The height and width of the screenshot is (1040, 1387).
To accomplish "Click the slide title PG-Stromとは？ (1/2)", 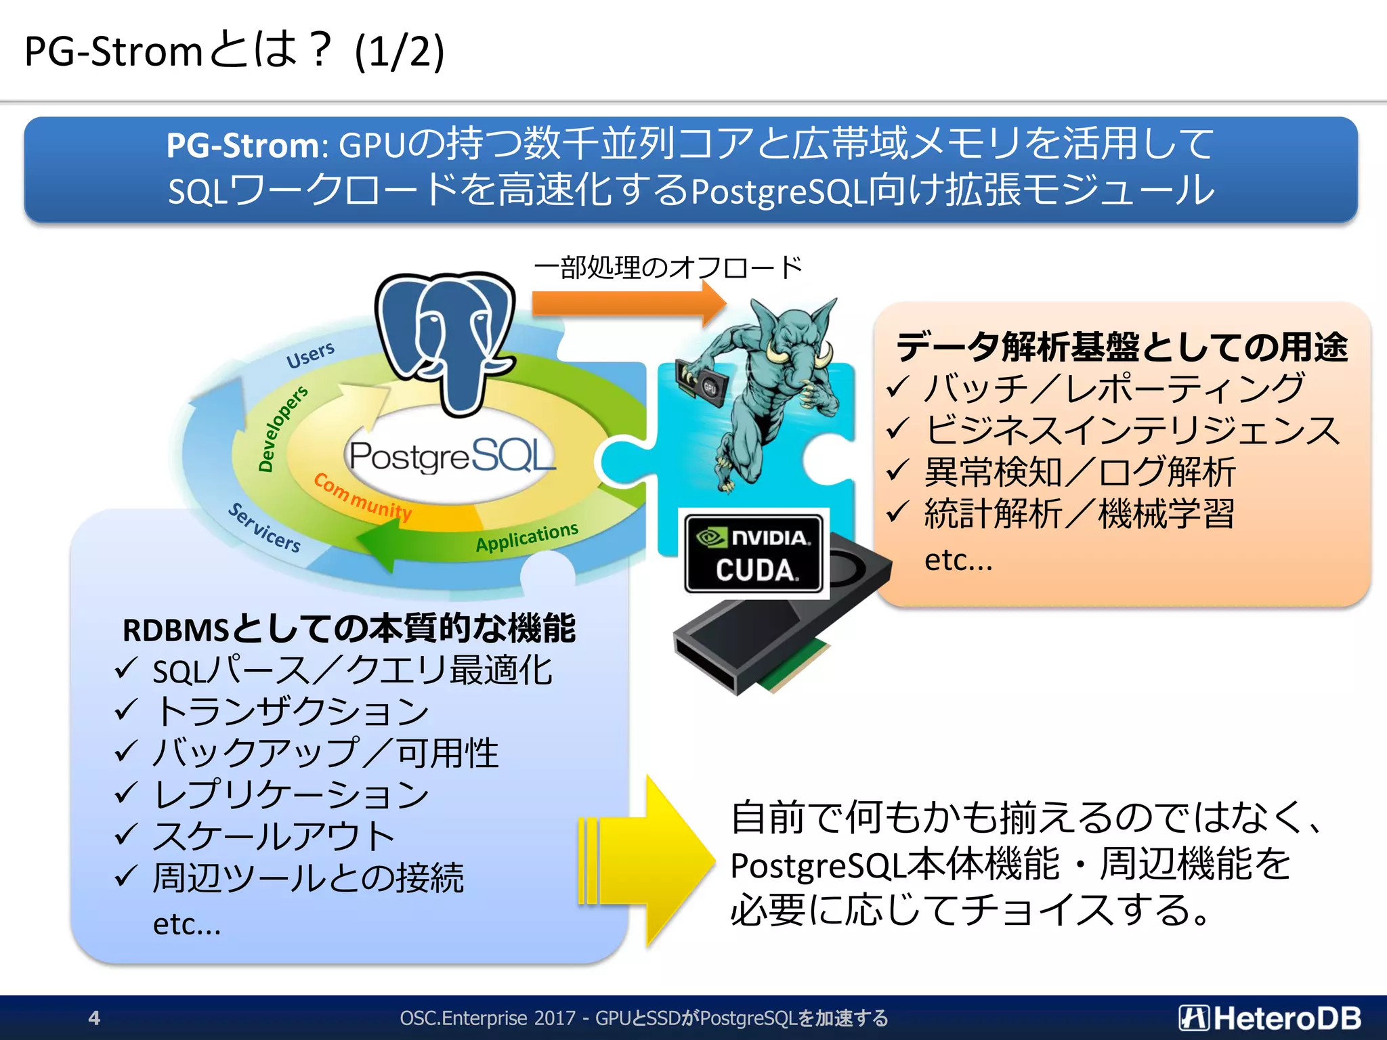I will [x=234, y=51].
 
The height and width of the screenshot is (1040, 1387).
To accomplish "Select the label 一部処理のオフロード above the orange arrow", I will [x=667, y=267].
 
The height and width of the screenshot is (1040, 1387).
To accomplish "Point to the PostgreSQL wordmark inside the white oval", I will [x=450, y=456].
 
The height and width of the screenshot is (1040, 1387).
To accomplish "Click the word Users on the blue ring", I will [x=310, y=355].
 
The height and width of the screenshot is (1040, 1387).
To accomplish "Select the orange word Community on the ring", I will [x=362, y=497].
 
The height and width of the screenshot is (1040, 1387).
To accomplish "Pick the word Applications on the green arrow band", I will [x=526, y=537].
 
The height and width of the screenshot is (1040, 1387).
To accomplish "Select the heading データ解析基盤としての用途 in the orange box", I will [x=1122, y=347].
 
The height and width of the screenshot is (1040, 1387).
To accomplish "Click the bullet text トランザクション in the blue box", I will [x=291, y=712].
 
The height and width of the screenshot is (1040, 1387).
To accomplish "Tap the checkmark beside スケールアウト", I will [x=126, y=834].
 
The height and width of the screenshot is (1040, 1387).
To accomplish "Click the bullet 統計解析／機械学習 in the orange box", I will [x=1079, y=513].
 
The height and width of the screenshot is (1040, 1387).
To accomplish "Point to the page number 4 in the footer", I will [x=94, y=1018].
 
